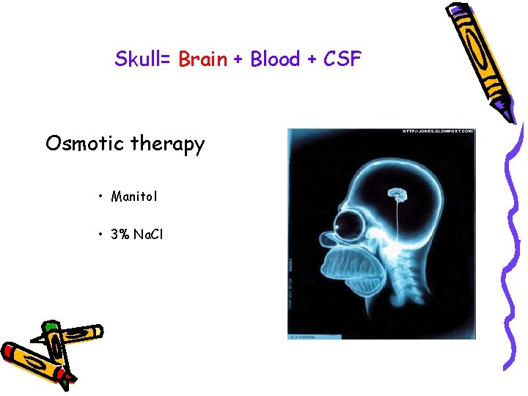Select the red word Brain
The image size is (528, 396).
(x=203, y=59)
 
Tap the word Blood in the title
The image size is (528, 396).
(x=275, y=59)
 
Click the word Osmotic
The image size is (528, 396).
(x=84, y=144)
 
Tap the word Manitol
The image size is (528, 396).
(x=134, y=196)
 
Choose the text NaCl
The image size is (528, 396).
(x=149, y=235)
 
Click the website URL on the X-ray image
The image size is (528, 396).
(x=438, y=132)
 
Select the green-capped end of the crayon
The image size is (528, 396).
(x=51, y=327)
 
